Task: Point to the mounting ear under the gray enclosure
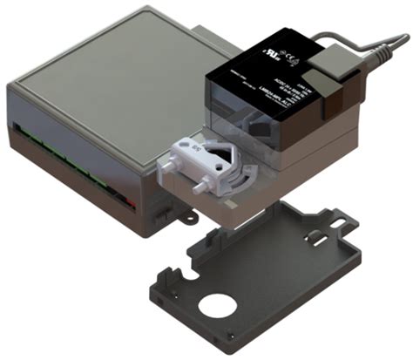183,213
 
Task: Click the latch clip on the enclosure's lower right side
156,209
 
